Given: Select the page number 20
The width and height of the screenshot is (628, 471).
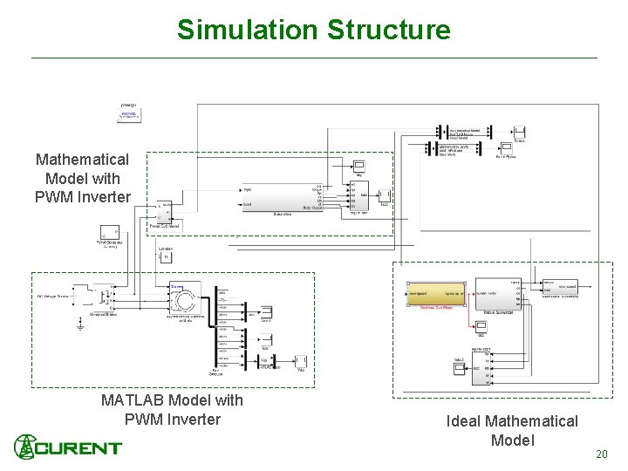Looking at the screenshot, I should pyautogui.click(x=600, y=454).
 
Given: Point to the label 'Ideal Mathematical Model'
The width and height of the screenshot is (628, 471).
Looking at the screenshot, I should pyautogui.click(x=512, y=431).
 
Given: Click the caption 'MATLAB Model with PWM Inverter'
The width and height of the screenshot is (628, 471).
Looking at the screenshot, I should pyautogui.click(x=172, y=410).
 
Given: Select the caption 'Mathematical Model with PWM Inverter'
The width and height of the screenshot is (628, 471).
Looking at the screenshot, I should pyautogui.click(x=82, y=178).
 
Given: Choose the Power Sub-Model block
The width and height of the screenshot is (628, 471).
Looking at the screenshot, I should pyautogui.click(x=164, y=212).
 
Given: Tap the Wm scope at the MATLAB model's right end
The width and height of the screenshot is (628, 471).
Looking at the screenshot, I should pyautogui.click(x=301, y=361).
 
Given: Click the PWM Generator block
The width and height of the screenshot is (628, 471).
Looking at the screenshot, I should pyautogui.click(x=110, y=231).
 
